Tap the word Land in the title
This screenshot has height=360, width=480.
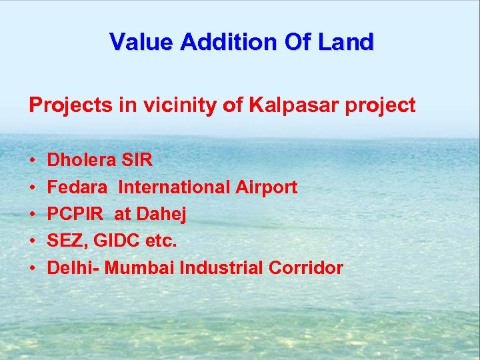pos(347,42)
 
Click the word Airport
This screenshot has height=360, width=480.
pos(266,187)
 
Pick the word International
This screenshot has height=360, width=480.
pos(175,187)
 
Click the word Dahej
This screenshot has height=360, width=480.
pos(161,215)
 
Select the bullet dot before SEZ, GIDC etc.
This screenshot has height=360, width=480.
pos(32,242)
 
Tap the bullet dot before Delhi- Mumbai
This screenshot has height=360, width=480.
pos(32,269)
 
